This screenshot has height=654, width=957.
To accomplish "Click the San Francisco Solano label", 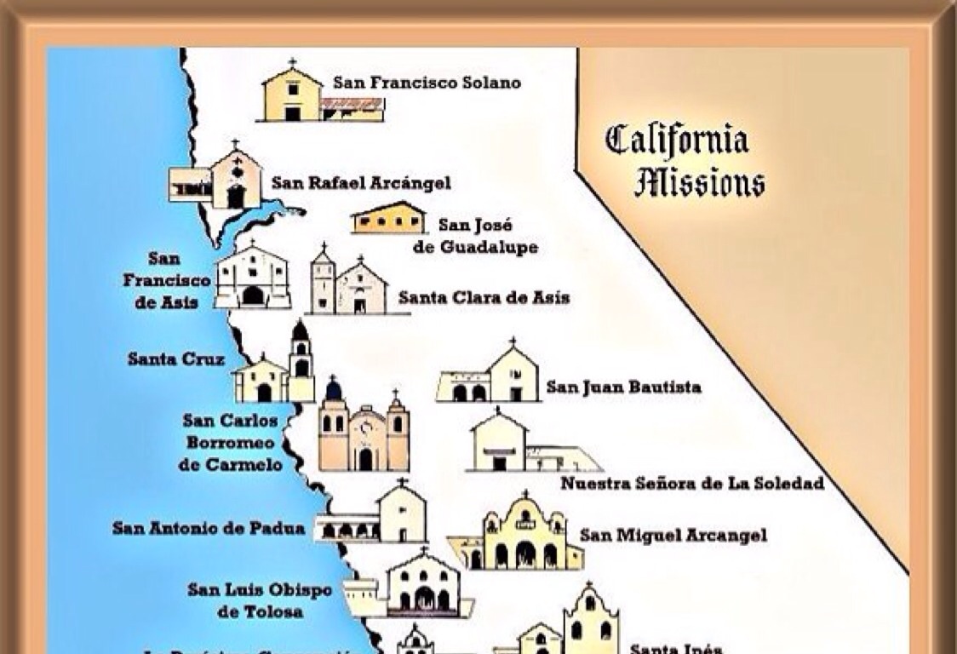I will [427, 83].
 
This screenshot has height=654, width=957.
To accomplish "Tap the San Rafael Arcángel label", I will [361, 182].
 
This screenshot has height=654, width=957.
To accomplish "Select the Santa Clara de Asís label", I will [484, 298].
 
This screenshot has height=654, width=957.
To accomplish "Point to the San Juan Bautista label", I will [624, 387].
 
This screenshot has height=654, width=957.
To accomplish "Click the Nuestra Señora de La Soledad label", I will [692, 484].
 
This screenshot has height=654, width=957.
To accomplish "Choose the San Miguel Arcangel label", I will [673, 535].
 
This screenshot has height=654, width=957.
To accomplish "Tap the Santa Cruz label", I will [176, 359].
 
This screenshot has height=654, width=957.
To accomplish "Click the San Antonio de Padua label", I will [209, 528].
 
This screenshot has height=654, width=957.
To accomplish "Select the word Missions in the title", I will [699, 183].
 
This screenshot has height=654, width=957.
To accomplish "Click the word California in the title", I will [677, 140].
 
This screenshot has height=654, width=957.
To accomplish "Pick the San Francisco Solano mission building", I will [320, 95].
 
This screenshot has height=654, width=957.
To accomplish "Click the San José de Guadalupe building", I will [388, 219].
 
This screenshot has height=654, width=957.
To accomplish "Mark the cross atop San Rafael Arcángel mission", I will [235, 145].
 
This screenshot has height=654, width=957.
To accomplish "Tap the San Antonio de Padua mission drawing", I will [375, 515].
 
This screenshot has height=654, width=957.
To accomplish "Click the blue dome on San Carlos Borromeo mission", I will [334, 389].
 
